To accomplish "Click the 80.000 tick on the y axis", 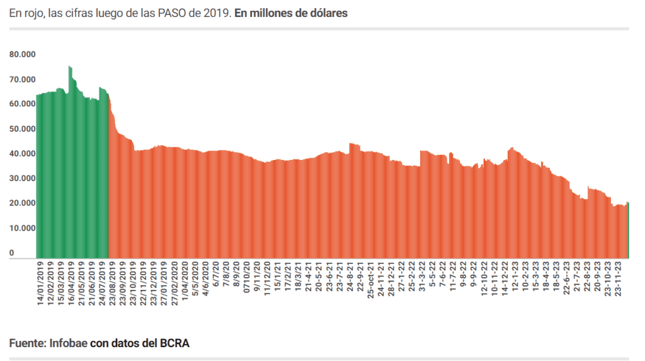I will tap(23, 54).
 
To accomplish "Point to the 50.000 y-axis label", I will tap(23, 129).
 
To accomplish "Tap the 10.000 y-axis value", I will tap(23, 228).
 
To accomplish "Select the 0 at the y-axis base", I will tap(12, 253).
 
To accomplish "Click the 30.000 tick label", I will tap(23, 178).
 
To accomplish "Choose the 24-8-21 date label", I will tap(350, 277).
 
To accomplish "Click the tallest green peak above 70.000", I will tap(69, 67).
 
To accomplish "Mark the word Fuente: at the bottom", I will tap(28, 343).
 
